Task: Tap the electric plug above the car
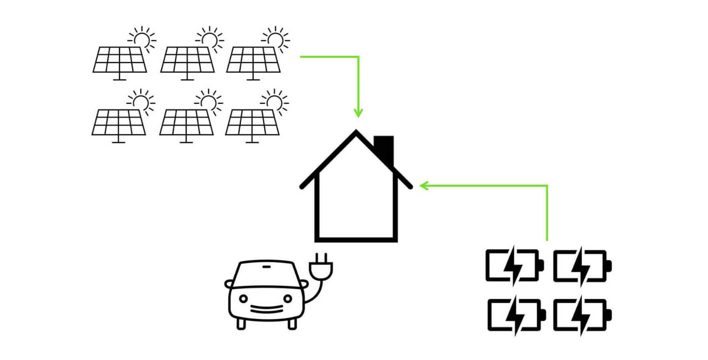(x=321, y=268)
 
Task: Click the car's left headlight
(x=243, y=299)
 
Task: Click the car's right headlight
(x=287, y=299)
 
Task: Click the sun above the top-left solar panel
(x=142, y=39)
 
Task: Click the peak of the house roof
(x=356, y=132)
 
